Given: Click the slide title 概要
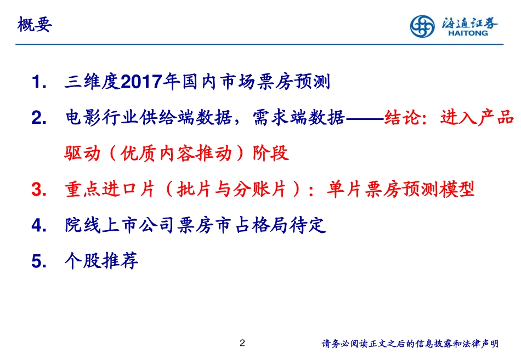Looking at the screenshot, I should pos(35,25).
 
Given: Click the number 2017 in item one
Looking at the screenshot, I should pos(141,83).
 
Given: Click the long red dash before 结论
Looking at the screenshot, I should pos(365,118).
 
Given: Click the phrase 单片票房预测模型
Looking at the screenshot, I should pos(400,190).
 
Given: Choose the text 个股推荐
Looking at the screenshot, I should pos(101,260).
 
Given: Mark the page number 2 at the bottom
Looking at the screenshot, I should pos(243,343).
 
